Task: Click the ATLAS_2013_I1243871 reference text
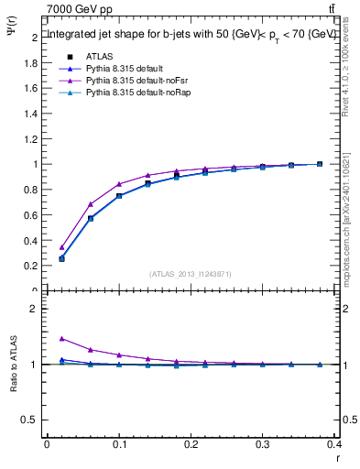(191, 274)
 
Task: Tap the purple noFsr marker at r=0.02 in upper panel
(61, 247)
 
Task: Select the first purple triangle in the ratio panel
(61, 339)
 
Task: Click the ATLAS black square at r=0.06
(90, 218)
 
